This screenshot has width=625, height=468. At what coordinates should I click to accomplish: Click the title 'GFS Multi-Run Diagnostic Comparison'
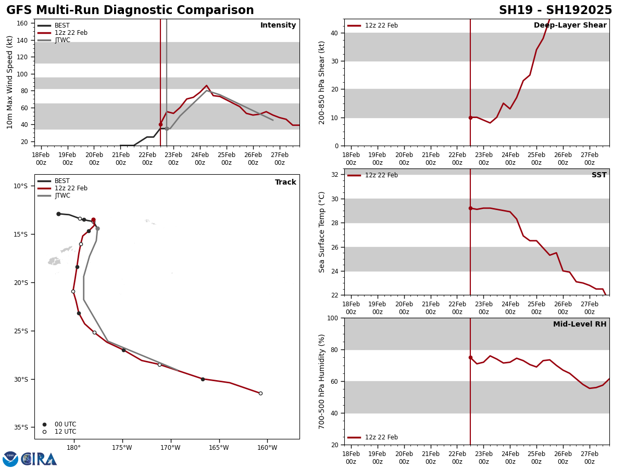130,10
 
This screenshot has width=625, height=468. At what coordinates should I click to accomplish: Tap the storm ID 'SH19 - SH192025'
555,10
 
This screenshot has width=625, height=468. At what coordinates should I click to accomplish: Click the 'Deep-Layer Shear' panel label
570,25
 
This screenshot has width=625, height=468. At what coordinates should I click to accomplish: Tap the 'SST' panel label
599,175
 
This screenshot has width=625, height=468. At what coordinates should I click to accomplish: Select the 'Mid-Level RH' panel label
580,324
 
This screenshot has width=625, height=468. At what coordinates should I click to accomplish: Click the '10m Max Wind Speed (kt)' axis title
10,82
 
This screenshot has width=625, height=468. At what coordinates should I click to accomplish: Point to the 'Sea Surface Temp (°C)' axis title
322,232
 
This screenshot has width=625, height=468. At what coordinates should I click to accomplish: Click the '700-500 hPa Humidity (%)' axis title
322,381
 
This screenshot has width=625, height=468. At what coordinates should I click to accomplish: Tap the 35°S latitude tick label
21,427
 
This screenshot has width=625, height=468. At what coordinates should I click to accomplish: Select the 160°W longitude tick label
267,448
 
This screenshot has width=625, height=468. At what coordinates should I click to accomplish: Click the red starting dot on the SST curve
470,208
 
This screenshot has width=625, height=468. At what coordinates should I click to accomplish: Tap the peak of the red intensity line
206,86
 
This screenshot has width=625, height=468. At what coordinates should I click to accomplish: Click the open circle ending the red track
260,393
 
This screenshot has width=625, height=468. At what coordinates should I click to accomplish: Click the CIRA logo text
39,459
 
